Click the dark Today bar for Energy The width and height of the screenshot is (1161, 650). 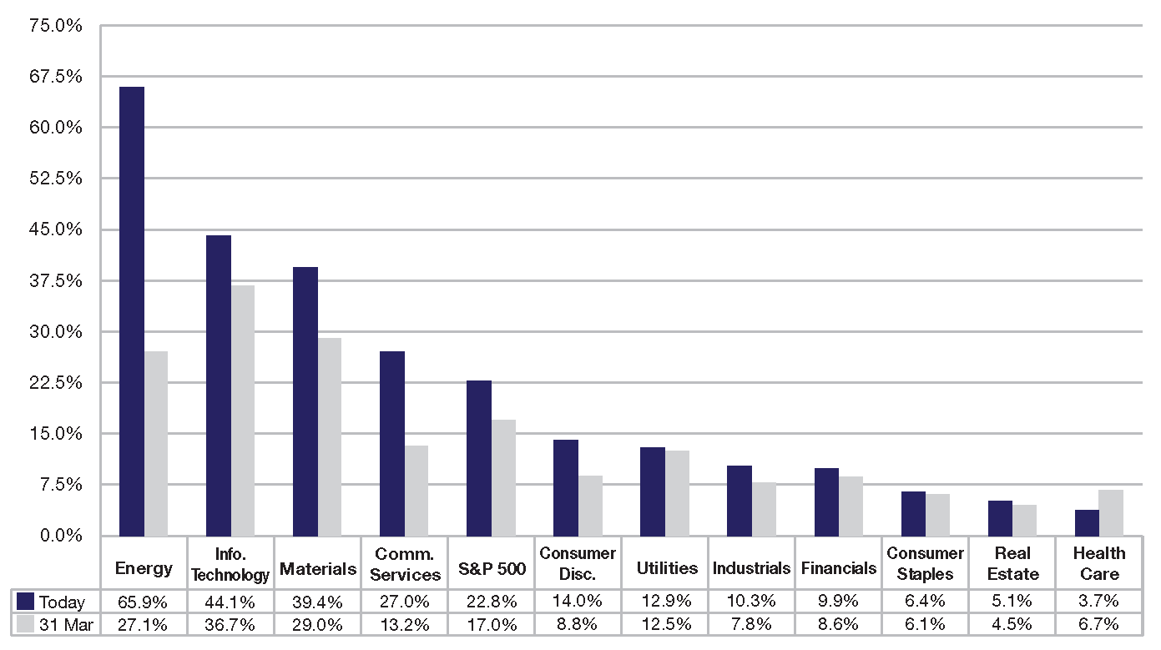(x=132, y=311)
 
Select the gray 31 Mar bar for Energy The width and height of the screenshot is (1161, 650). (x=156, y=444)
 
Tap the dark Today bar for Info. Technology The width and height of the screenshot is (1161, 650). (x=219, y=385)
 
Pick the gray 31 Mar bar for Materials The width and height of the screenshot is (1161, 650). (x=330, y=437)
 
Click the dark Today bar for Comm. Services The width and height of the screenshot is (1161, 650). (x=392, y=444)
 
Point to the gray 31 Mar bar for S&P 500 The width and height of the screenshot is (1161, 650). (x=504, y=478)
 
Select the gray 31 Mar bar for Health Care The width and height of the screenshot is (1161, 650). (x=1111, y=512)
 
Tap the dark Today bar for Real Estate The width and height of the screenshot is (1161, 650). (x=1000, y=518)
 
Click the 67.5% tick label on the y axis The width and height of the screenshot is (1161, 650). (x=55, y=77)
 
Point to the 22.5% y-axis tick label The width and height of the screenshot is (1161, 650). (x=55, y=383)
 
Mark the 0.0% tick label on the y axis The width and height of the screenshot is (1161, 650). (x=61, y=536)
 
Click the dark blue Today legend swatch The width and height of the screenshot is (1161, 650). (x=25, y=602)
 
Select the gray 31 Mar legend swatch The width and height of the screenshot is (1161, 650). (x=25, y=624)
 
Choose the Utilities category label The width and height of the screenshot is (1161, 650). (x=667, y=568)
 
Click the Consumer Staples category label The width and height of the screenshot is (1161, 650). (x=925, y=563)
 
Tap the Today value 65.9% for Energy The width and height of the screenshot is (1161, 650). (x=143, y=602)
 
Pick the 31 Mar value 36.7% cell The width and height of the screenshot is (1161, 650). (x=230, y=625)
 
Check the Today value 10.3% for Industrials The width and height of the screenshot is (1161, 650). (x=751, y=601)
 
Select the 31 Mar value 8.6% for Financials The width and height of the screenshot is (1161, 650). (x=838, y=624)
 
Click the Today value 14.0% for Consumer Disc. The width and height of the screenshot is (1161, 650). (x=577, y=601)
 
